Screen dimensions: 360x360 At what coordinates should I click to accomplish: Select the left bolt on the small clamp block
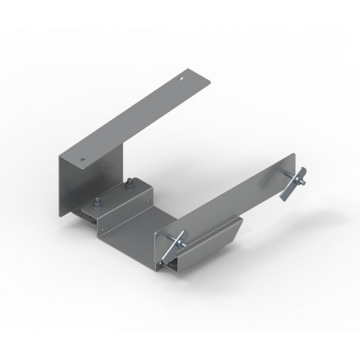coord(96,200)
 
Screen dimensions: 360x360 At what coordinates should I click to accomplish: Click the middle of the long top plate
coord(131,118)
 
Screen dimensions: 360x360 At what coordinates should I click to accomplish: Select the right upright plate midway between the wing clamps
coord(229,200)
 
